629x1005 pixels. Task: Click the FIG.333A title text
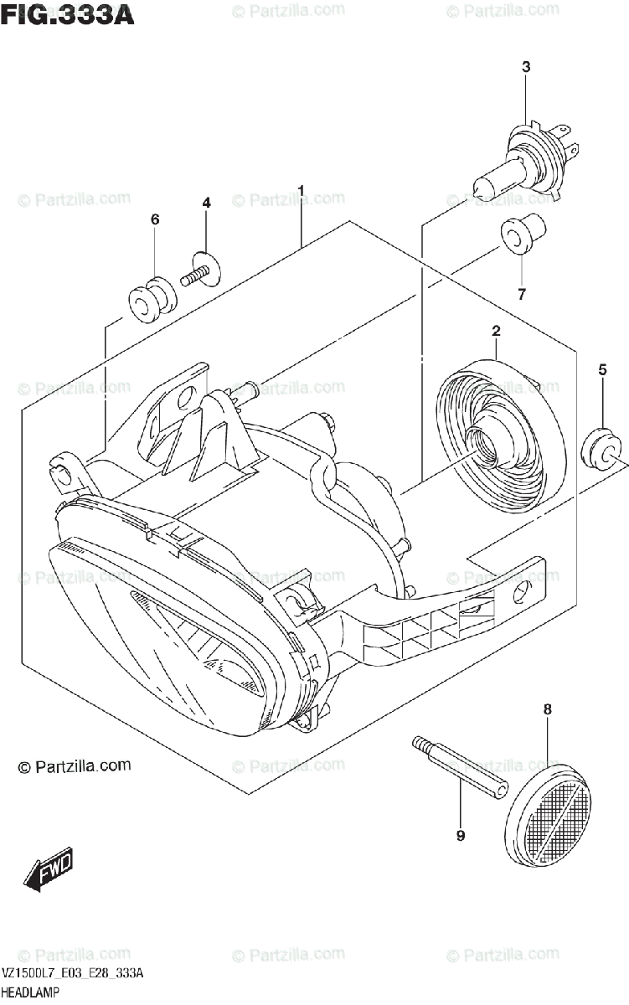pyautogui.click(x=68, y=14)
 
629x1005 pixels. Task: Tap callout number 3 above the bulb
pyautogui.click(x=526, y=67)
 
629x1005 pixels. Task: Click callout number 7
pyautogui.click(x=521, y=293)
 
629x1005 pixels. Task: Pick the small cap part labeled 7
pyautogui.click(x=522, y=234)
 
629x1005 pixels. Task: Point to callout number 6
pyautogui.click(x=155, y=219)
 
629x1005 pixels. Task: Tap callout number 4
pyautogui.click(x=206, y=203)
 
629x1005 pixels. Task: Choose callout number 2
pyautogui.click(x=496, y=332)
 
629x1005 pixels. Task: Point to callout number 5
pyautogui.click(x=601, y=369)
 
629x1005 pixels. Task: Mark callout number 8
pyautogui.click(x=547, y=709)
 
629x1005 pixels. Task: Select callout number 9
pyautogui.click(x=460, y=835)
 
